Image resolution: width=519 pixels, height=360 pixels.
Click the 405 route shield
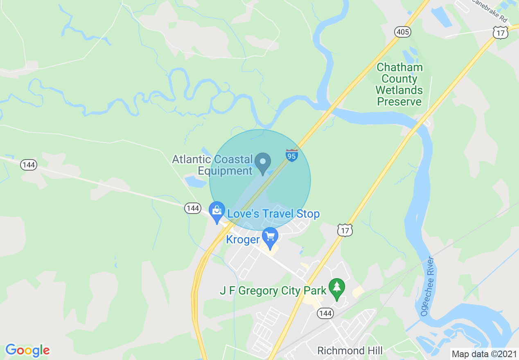pos(402,32)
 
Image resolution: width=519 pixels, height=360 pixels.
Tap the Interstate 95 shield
pos(292,155)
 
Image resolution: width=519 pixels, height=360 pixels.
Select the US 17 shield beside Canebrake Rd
pos(500,33)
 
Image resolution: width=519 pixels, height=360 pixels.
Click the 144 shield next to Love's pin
pos(192,208)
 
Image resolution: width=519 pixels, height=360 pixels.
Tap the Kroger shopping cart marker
pos(270,237)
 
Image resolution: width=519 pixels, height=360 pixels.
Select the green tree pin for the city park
pos(337,288)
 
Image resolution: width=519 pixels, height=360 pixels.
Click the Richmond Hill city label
pos(350,351)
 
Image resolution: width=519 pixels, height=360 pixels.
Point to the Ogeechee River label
pos(427,286)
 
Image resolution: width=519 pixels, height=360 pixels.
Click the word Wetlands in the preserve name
pos(399,90)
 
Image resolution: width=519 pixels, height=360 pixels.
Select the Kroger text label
pos(243,239)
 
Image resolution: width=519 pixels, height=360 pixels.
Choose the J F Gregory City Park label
pos(273,291)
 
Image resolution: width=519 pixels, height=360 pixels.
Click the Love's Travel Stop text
pos(273,214)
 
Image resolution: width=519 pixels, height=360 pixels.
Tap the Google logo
pos(27,351)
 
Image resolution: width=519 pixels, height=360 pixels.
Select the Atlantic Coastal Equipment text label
pos(212,165)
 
